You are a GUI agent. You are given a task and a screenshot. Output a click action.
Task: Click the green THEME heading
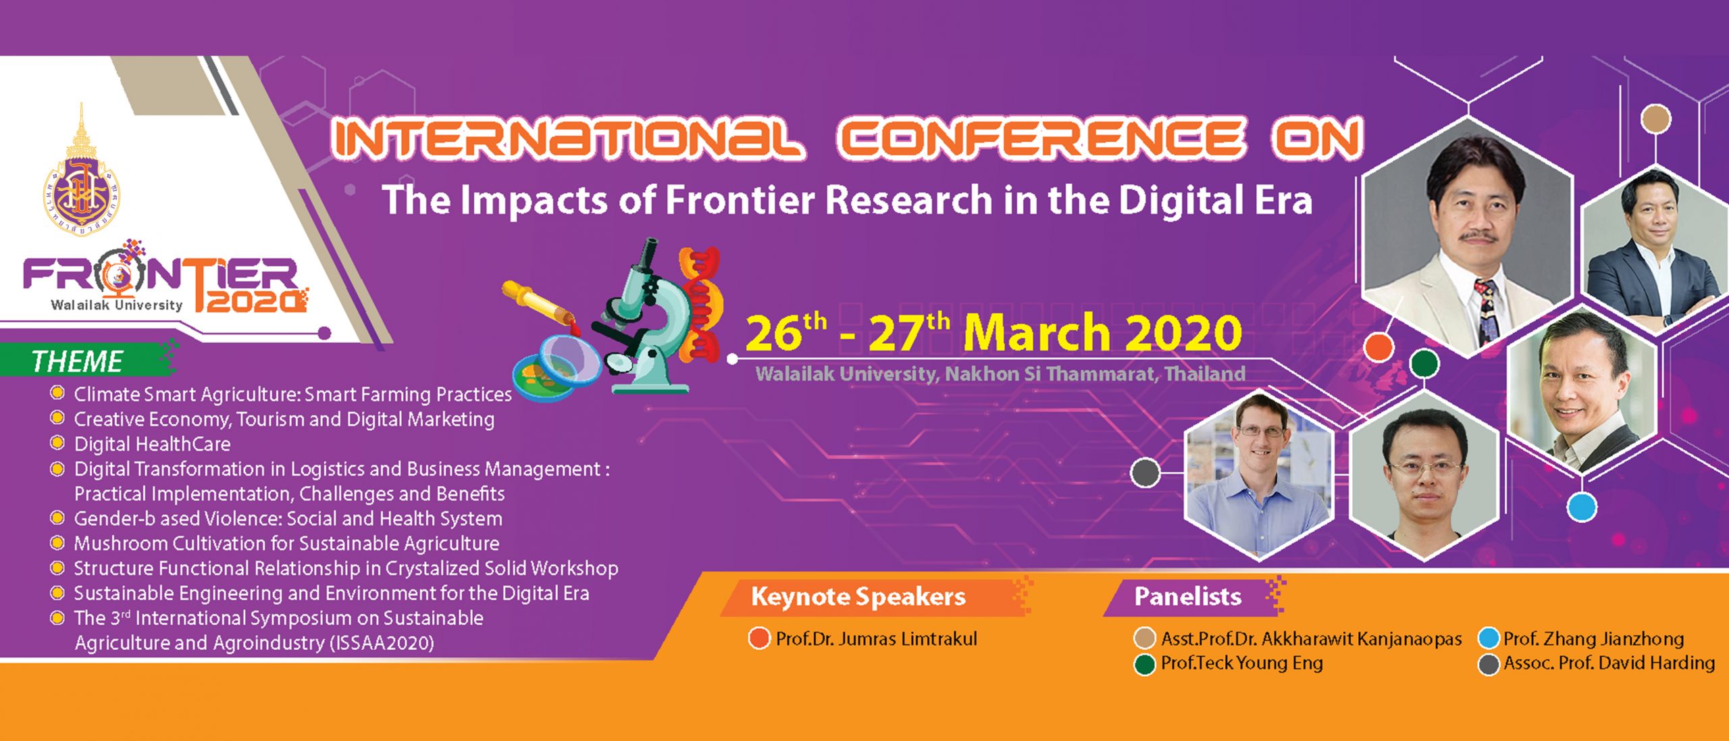[x=77, y=361]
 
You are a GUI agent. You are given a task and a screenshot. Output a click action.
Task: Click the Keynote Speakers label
[x=858, y=596]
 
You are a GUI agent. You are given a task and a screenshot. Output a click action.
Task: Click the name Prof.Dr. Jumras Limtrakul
[x=876, y=639]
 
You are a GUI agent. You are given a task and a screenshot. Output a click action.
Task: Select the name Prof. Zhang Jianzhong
[x=1593, y=639]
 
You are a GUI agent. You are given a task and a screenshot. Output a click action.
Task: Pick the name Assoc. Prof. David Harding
[x=1609, y=663]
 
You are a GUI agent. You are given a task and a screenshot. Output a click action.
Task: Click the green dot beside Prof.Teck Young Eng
[x=1144, y=665]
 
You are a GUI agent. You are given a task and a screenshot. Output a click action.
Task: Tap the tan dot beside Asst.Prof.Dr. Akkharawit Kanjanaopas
[x=1144, y=639]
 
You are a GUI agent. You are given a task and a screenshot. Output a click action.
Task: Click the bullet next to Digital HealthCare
[x=57, y=443]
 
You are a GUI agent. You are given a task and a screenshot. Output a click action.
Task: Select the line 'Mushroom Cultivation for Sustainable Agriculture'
[x=286, y=543]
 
